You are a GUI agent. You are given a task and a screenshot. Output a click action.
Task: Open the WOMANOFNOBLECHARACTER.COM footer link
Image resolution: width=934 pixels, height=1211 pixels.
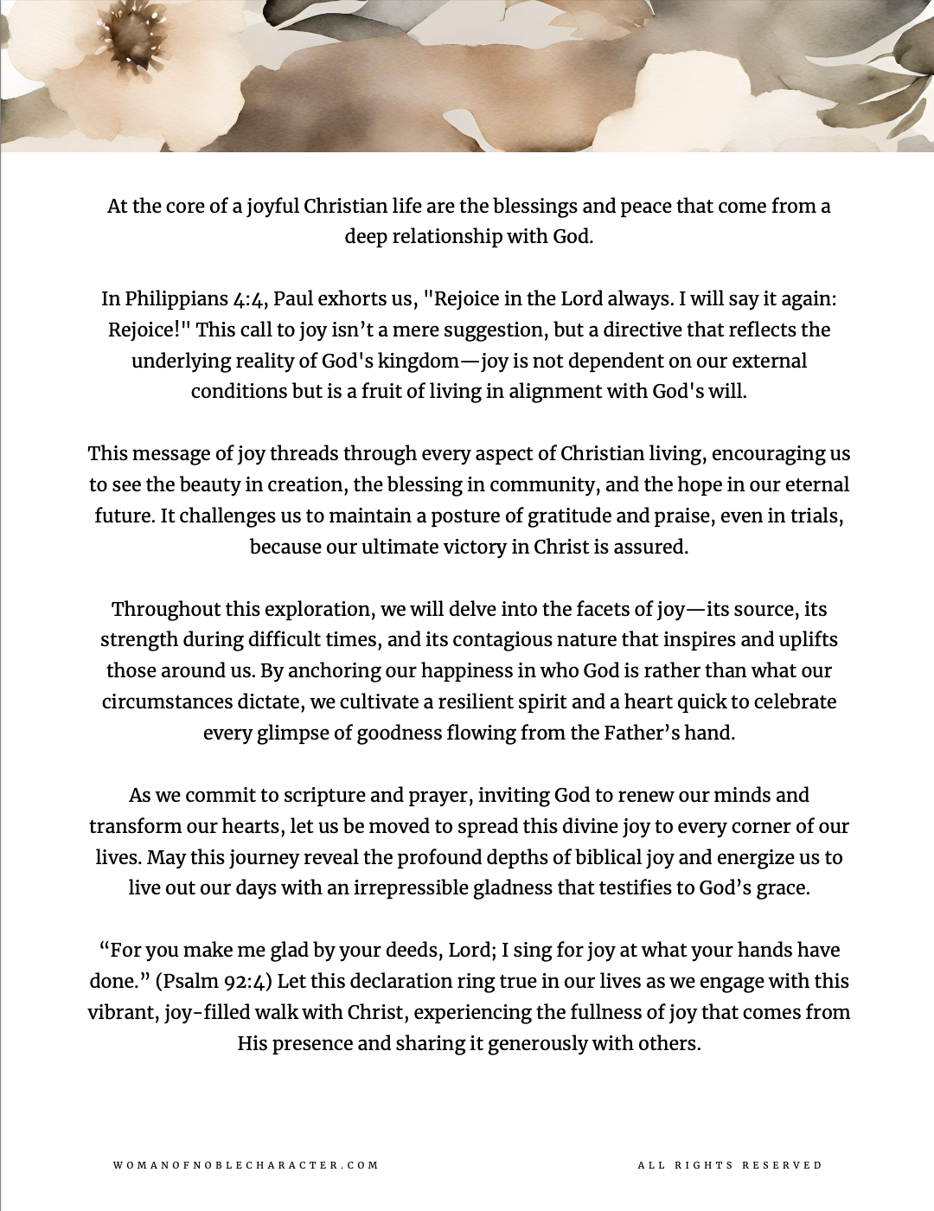[x=246, y=1165]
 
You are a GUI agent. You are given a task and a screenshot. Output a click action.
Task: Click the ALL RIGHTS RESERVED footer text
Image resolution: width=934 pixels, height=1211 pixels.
[x=730, y=1165]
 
